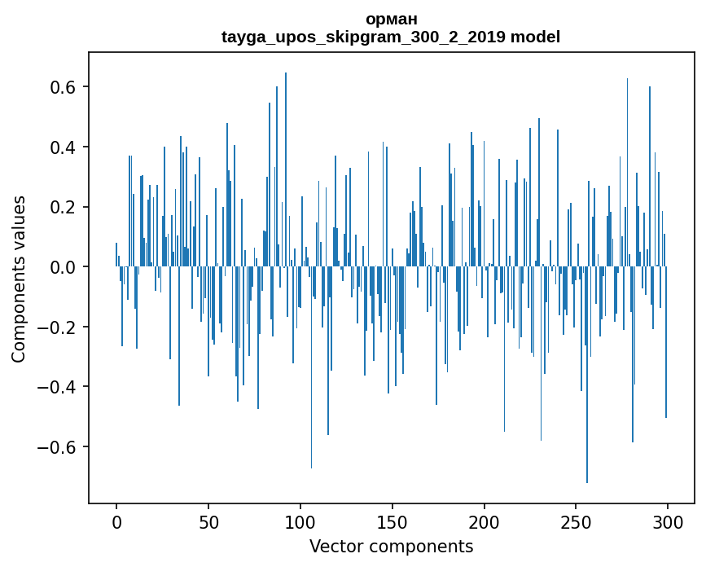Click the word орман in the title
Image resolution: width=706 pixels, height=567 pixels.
[391, 19]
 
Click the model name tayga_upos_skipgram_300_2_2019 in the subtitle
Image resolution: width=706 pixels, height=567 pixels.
[363, 37]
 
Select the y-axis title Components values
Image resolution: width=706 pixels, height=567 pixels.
[19, 279]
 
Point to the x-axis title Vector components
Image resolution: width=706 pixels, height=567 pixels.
[391, 546]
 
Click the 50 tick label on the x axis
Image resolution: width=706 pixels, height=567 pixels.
[208, 521]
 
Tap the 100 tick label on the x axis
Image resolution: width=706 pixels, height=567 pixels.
[300, 521]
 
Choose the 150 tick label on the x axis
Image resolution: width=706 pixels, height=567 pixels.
[392, 521]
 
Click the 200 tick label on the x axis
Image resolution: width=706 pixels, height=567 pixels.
[485, 521]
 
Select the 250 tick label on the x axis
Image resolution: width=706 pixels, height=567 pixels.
[577, 521]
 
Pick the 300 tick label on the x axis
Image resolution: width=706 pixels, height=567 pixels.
[669, 521]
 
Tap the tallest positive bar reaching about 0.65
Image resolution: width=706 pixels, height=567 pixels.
[286, 163]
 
